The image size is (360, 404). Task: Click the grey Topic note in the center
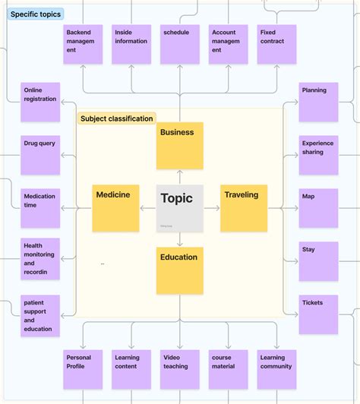pos(180,208)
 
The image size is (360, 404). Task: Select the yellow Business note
pos(180,146)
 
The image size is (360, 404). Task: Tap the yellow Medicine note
pos(115,208)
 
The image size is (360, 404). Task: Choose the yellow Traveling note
pos(244,208)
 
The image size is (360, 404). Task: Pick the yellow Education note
pos(180,270)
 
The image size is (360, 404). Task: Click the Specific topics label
pos(36,14)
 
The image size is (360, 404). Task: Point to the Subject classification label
pos(117,118)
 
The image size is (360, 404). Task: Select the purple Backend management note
pos(83,44)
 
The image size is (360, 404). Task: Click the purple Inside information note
pos(131,44)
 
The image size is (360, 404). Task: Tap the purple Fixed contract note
pos(276,44)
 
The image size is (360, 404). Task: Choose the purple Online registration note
pos(40,103)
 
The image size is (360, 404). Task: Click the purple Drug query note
pos(40,155)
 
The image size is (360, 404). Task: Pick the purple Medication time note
pos(40,208)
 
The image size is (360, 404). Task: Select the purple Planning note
pos(318,103)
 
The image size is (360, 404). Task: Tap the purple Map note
pos(318,208)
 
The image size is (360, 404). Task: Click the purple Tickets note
pos(318,314)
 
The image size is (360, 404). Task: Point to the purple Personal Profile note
pos(83,369)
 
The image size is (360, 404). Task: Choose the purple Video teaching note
pos(180,369)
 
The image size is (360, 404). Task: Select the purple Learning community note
pos(276,369)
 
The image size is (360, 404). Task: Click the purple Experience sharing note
pos(318,155)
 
